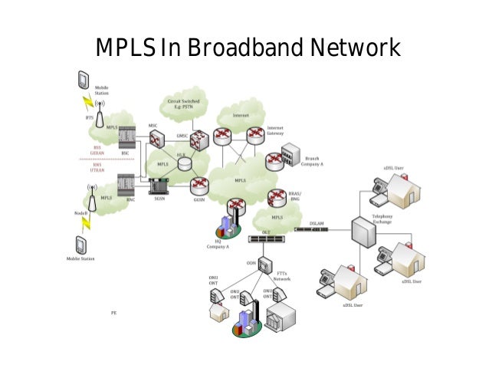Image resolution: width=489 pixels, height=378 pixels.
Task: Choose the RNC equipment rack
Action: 125,186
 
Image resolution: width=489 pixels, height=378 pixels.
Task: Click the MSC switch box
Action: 157,139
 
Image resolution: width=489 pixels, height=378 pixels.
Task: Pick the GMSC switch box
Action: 199,139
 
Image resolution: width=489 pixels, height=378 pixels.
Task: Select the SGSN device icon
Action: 159,186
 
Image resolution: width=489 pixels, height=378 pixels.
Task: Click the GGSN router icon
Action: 200,185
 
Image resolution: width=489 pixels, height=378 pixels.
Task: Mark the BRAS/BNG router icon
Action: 276,199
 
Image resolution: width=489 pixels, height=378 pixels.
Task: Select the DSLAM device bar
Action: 318,228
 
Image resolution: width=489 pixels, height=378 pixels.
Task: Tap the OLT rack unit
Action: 266,238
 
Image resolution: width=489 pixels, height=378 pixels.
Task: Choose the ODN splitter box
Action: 264,266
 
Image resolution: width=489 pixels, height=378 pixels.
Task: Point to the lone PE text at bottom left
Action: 114,313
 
